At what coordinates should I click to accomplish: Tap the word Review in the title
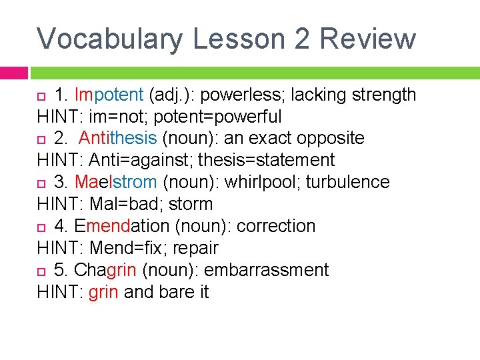click(367, 39)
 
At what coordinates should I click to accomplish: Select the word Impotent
click(109, 95)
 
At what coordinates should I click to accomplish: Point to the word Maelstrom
click(115, 182)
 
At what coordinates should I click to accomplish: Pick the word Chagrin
click(106, 270)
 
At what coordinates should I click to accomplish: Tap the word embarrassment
click(266, 270)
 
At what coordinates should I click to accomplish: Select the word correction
click(275, 226)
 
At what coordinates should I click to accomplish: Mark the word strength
click(383, 95)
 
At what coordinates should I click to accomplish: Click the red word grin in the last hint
click(103, 292)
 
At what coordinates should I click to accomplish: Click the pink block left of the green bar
click(13, 72)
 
